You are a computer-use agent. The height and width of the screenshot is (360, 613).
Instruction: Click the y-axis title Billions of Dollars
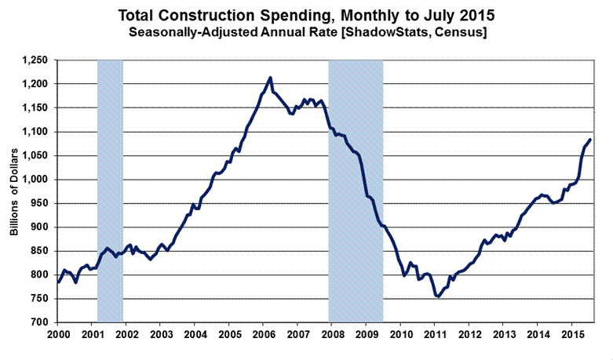14,191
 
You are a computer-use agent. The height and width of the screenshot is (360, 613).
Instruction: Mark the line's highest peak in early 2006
271,78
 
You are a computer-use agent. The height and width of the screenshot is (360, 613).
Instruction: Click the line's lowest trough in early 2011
438,296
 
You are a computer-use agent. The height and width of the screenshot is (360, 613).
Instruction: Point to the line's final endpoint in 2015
590,140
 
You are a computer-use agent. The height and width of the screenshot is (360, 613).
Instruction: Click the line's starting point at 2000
57,282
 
